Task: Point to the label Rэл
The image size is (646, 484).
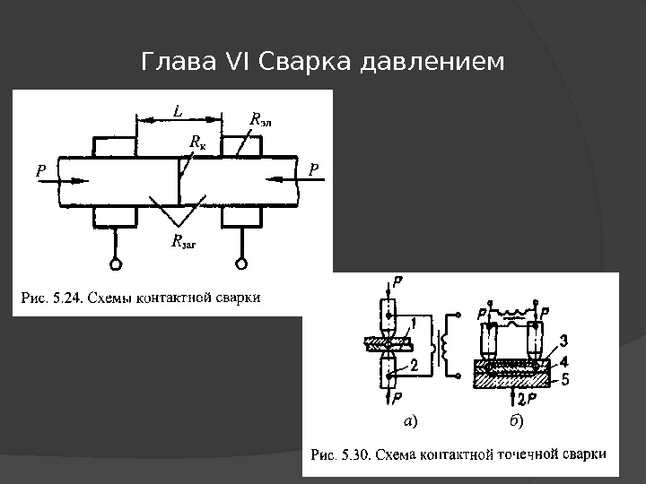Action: [258, 119]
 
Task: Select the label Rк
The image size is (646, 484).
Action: [197, 142]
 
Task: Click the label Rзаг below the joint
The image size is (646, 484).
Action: [183, 240]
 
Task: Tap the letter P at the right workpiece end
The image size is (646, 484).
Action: [314, 168]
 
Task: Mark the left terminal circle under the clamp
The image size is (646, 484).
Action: [116, 264]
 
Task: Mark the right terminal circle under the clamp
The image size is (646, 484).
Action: [240, 264]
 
